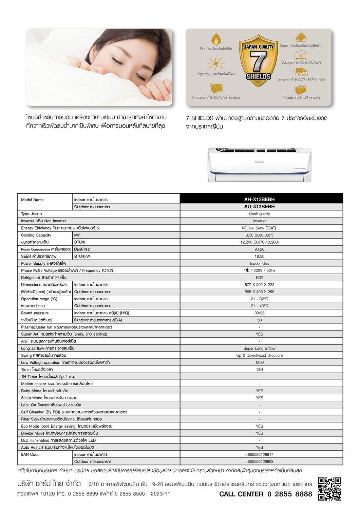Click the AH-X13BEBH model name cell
click(260, 199)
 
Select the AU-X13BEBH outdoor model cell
click(260, 206)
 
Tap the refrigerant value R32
click(260, 278)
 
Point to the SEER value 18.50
click(260, 256)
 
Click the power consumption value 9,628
click(260, 249)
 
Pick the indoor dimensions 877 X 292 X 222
click(260, 285)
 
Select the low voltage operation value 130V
click(260, 362)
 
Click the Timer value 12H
click(260, 370)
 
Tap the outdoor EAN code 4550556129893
click(260, 461)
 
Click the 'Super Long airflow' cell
click(260, 348)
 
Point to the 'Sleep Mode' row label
click(49, 398)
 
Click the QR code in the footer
click(329, 489)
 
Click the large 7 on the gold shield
click(259, 61)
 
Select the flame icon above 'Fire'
click(216, 39)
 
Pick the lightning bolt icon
click(215, 63)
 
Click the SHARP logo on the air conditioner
click(260, 162)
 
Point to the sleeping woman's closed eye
click(117, 61)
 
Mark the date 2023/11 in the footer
click(160, 494)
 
